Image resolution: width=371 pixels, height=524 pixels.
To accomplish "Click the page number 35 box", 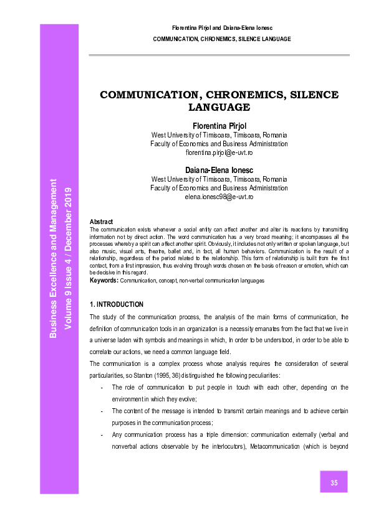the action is click(334, 482).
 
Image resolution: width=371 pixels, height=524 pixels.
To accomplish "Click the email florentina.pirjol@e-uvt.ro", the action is click(219, 152).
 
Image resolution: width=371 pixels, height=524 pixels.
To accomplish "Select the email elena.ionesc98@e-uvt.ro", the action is click(219, 197).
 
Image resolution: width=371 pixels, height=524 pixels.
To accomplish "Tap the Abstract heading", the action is click(101, 222).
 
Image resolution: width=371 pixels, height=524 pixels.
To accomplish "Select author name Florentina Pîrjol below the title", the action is click(219, 126).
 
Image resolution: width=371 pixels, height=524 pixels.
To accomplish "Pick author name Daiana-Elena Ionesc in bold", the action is click(219, 170).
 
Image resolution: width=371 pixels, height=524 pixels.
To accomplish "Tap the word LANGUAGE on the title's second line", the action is click(219, 107).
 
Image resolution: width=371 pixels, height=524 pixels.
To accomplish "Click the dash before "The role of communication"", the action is click(102, 387).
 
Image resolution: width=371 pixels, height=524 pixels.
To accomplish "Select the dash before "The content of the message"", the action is click(102, 411).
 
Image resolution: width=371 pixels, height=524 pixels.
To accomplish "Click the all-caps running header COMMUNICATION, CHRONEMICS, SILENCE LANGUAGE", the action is click(221, 39).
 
